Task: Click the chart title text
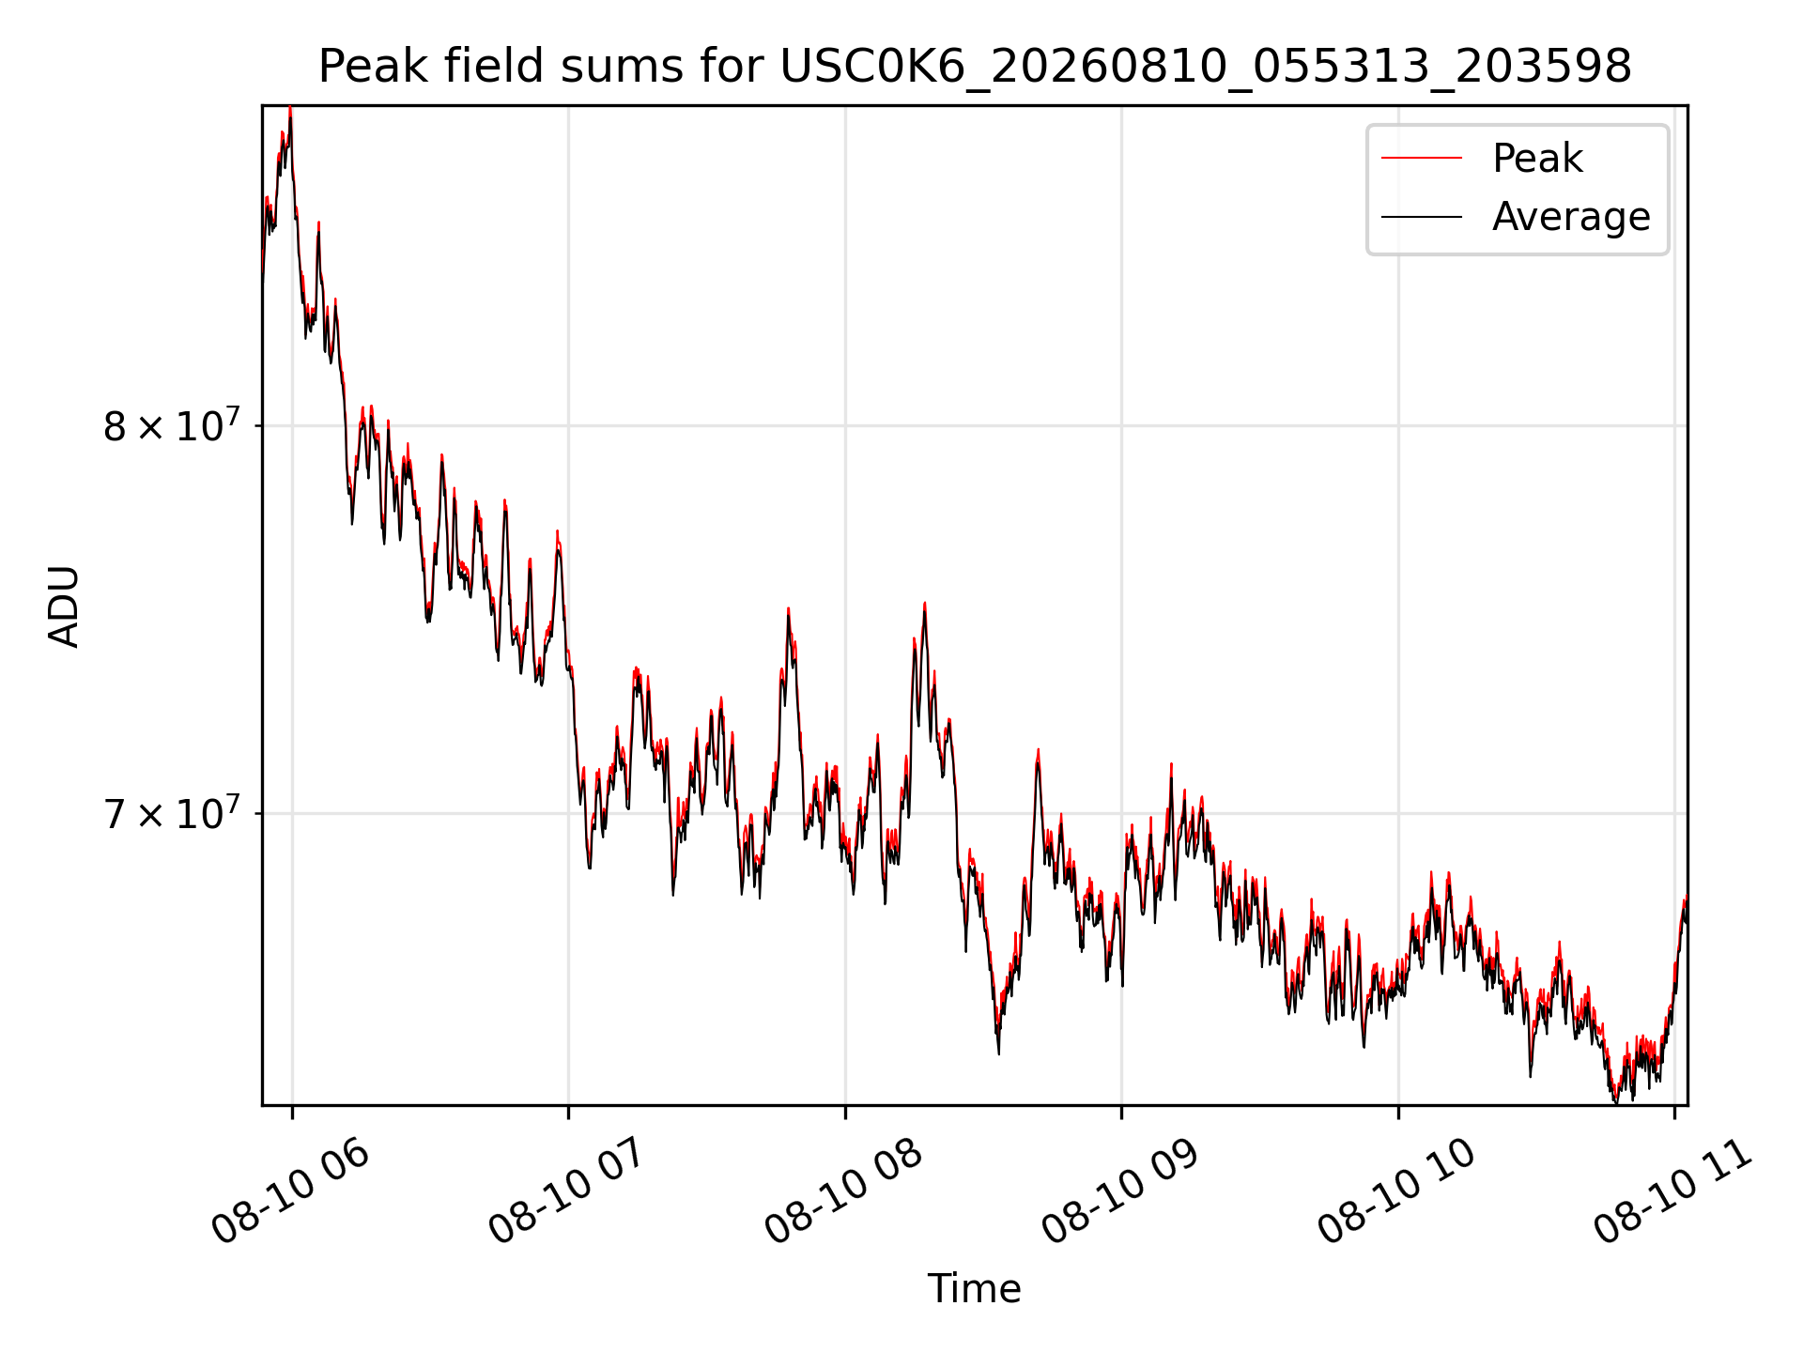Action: [x=975, y=67]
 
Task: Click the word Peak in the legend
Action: [x=1537, y=158]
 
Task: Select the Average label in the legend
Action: [x=1571, y=217]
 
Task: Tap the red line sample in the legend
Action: [x=1422, y=158]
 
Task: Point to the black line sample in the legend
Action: [x=1422, y=217]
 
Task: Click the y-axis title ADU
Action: [x=64, y=606]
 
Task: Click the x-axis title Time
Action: [x=974, y=1288]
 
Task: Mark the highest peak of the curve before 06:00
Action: [x=290, y=108]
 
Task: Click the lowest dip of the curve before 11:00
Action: [x=1616, y=1101]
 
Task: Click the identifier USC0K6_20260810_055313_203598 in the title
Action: [x=1206, y=68]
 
